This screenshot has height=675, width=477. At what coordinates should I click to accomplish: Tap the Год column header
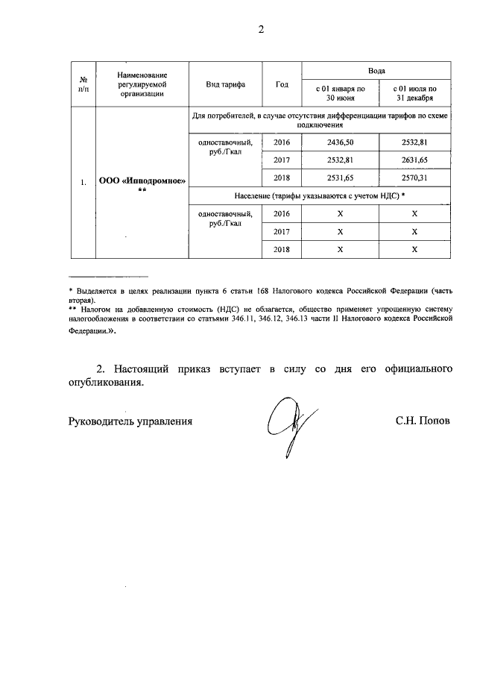[282, 84]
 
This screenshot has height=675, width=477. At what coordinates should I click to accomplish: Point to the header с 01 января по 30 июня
[339, 93]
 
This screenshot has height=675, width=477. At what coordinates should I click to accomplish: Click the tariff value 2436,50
[339, 142]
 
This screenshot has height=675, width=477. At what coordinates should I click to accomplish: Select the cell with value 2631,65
[414, 160]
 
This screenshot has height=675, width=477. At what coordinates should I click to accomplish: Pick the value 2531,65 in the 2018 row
[339, 178]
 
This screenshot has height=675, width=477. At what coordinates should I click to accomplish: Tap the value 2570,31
[414, 178]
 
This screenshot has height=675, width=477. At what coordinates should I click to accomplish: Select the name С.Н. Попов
[423, 421]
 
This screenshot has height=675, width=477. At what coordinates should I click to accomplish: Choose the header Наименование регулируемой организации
[142, 84]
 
